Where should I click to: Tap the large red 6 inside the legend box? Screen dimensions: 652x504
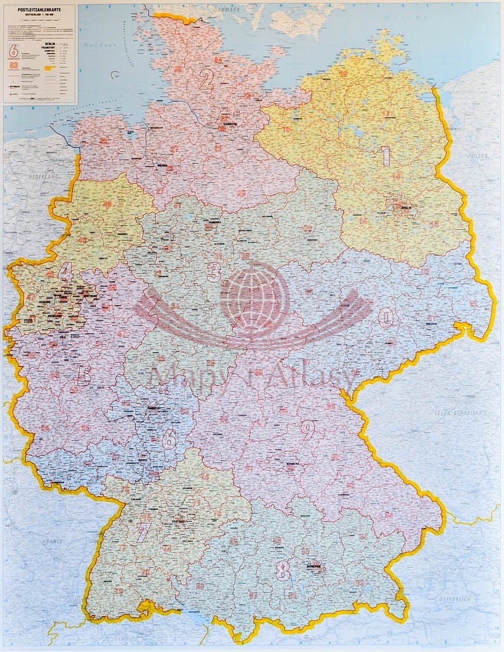click(12, 50)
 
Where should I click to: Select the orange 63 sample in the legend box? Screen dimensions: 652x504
click(12, 65)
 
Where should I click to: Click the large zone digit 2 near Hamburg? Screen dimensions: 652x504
click(206, 80)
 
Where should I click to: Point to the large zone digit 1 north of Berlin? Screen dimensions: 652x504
click(386, 155)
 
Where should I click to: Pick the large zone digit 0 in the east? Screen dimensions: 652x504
click(386, 318)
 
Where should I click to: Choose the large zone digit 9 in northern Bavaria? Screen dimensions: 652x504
click(307, 429)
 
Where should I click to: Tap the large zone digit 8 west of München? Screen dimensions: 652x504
click(283, 571)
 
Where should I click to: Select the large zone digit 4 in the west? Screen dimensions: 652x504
click(65, 269)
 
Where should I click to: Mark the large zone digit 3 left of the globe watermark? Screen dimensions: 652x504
click(213, 271)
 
